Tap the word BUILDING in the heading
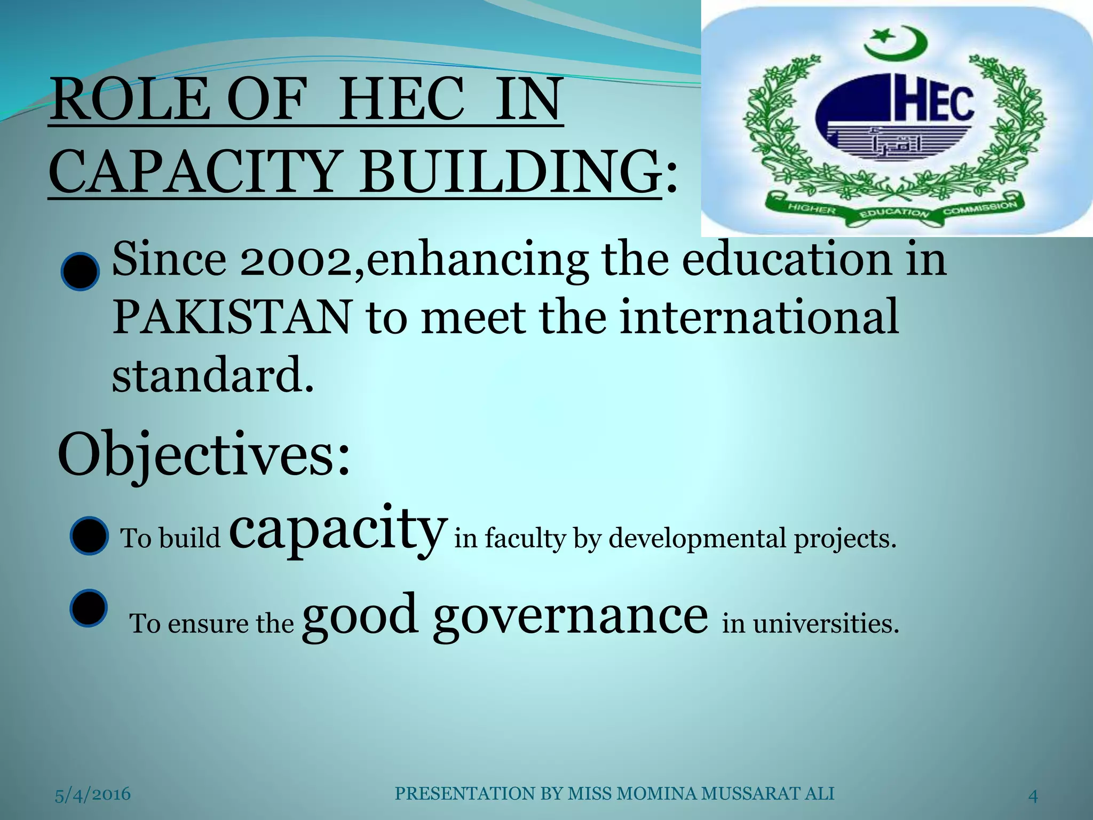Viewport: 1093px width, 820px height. click(509, 172)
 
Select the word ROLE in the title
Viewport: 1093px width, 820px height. click(130, 100)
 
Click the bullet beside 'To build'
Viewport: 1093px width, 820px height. click(89, 535)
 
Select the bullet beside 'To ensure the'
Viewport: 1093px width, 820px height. click(89, 608)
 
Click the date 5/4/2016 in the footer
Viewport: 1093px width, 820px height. click(93, 794)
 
